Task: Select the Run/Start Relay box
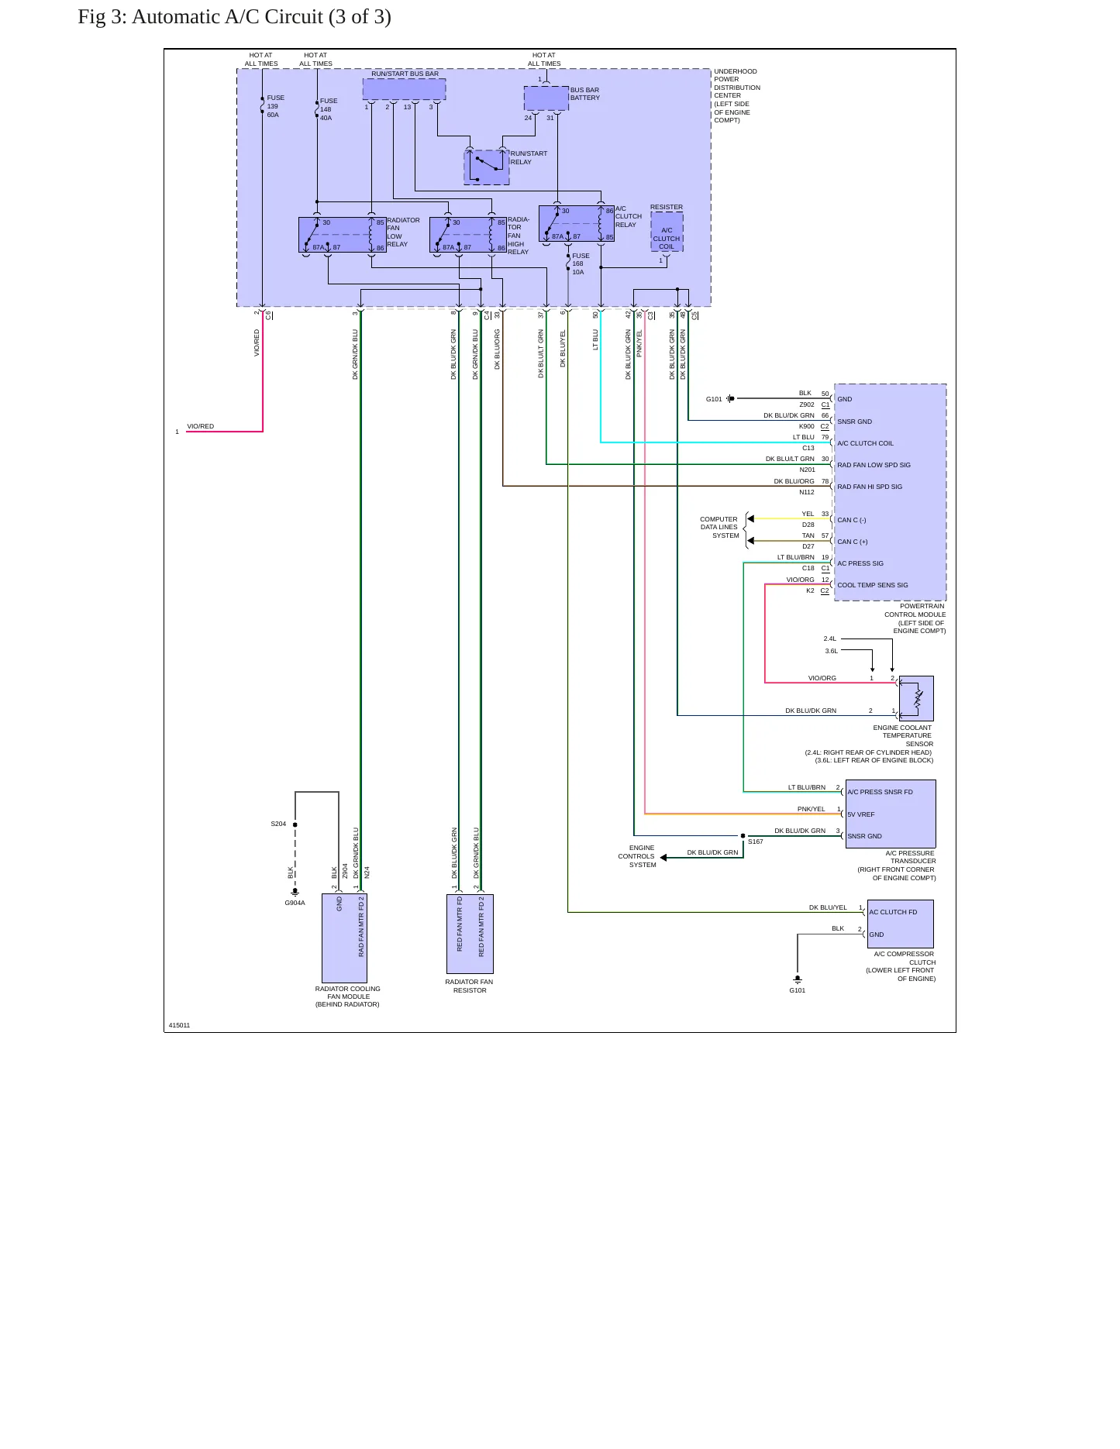pyautogui.click(x=487, y=167)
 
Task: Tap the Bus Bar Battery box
pyautogui.click(x=546, y=98)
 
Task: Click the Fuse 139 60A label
pyautogui.click(x=275, y=106)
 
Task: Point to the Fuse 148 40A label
pyautogui.click(x=329, y=109)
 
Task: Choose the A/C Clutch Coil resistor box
pyautogui.click(x=667, y=232)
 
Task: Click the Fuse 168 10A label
pyautogui.click(x=581, y=263)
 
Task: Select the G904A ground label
pyautogui.click(x=295, y=903)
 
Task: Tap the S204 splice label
pyautogui.click(x=278, y=824)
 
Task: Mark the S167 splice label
pyautogui.click(x=756, y=842)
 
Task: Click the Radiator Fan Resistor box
pyautogui.click(x=470, y=934)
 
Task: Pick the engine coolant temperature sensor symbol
pyautogui.click(x=916, y=698)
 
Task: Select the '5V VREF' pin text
pyautogui.click(x=860, y=814)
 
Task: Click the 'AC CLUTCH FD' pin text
pyautogui.click(x=893, y=912)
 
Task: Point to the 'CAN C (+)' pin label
pyautogui.click(x=853, y=542)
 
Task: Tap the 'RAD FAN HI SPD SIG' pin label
pyautogui.click(x=870, y=487)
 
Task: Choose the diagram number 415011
pyautogui.click(x=179, y=1025)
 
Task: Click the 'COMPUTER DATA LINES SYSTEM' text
pyautogui.click(x=719, y=527)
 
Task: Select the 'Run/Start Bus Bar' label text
pyautogui.click(x=405, y=74)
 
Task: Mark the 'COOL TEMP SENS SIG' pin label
pyautogui.click(x=873, y=585)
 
